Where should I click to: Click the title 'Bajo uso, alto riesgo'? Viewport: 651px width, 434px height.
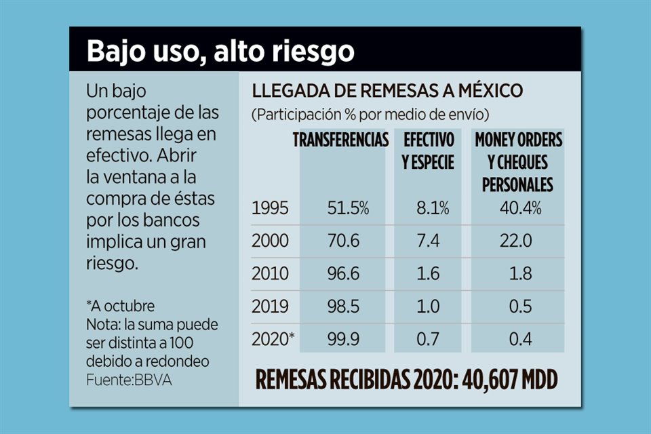point(220,51)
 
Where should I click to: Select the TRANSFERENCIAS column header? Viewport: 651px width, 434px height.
point(340,140)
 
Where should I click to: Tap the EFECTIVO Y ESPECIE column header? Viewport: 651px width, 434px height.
point(429,151)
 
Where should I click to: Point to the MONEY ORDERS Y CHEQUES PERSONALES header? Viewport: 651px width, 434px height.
point(518,162)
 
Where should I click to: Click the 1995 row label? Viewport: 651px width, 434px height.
point(270,209)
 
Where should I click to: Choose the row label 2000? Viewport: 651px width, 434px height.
point(271,241)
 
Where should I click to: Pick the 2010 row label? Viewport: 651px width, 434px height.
point(270,274)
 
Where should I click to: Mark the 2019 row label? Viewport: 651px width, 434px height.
point(270,307)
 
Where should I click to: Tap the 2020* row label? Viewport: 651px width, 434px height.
point(273,339)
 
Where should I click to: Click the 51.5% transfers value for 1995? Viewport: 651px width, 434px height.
point(348,209)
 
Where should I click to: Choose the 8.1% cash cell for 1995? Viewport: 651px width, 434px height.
point(432,209)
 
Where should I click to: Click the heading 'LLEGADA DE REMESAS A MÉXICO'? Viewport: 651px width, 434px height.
point(387,92)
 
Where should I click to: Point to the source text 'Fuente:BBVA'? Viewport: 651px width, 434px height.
point(129,380)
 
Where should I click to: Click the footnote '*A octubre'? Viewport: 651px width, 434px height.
point(120,306)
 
